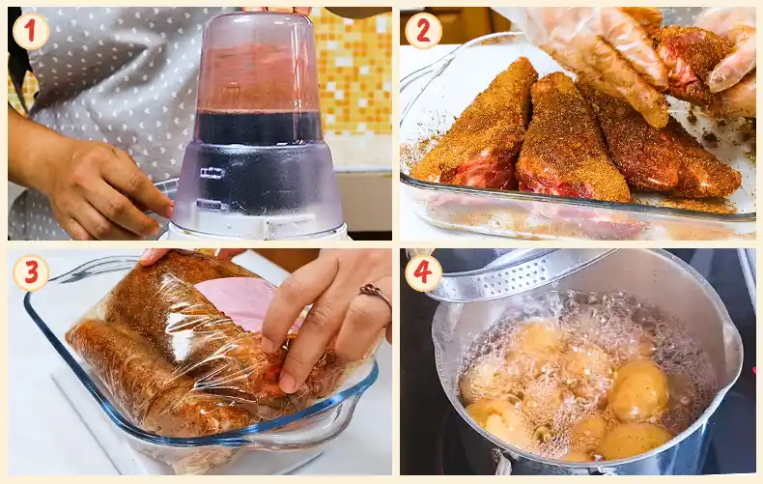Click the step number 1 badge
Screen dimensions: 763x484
click(x=31, y=31)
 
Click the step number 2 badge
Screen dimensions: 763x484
click(x=423, y=31)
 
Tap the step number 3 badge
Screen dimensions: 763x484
click(x=31, y=272)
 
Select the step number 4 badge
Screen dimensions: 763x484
click(x=423, y=272)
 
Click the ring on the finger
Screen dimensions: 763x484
click(x=375, y=294)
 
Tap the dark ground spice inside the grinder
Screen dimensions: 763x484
click(x=258, y=128)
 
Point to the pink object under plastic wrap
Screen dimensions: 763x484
click(x=243, y=301)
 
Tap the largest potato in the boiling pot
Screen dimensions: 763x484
click(x=638, y=389)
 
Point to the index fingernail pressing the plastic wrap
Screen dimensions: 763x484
click(x=287, y=384)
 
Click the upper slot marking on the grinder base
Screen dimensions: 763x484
click(x=212, y=173)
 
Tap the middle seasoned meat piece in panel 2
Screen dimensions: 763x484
click(x=569, y=139)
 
